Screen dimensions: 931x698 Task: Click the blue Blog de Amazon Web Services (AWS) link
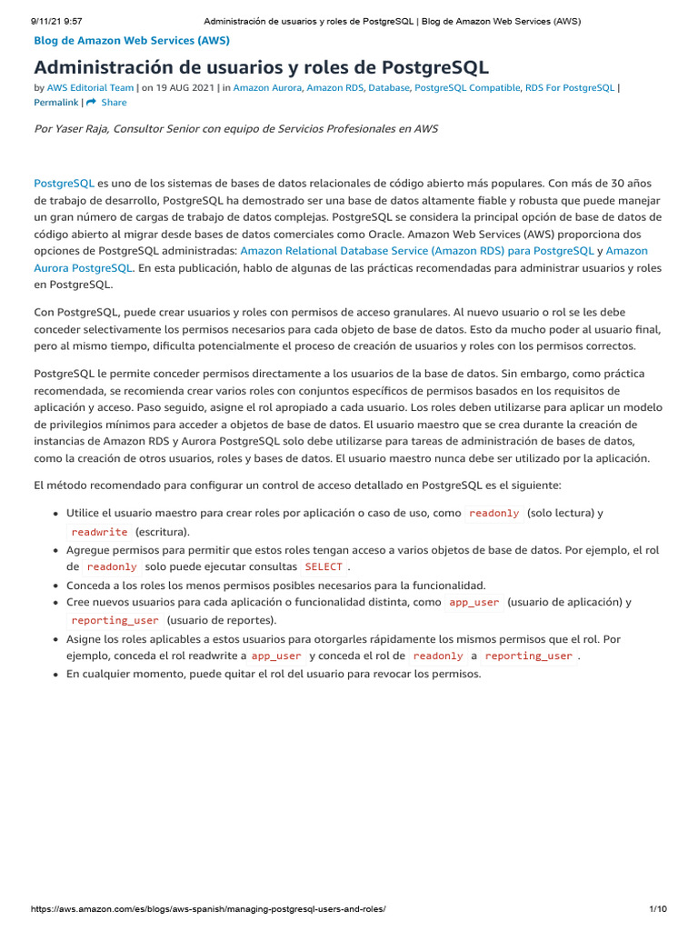[x=132, y=41]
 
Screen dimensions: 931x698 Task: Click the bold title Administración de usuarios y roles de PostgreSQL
[x=261, y=67]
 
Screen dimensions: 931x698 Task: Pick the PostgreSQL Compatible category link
[x=467, y=88]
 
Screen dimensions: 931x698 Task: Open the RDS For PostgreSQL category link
[x=570, y=88]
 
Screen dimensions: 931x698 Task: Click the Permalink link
[x=56, y=103]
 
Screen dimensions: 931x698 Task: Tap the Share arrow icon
[x=91, y=103]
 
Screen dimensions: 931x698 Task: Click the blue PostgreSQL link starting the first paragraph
[x=64, y=183]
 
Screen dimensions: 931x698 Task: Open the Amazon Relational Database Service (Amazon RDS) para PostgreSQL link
[x=417, y=251]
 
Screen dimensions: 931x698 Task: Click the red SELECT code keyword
[x=324, y=566]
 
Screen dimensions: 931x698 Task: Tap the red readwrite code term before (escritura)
[x=99, y=532]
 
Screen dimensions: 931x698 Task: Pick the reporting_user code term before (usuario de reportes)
[x=115, y=620]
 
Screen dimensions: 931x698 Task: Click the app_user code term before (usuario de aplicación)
[x=474, y=603]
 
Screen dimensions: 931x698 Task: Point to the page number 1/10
[x=658, y=909]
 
